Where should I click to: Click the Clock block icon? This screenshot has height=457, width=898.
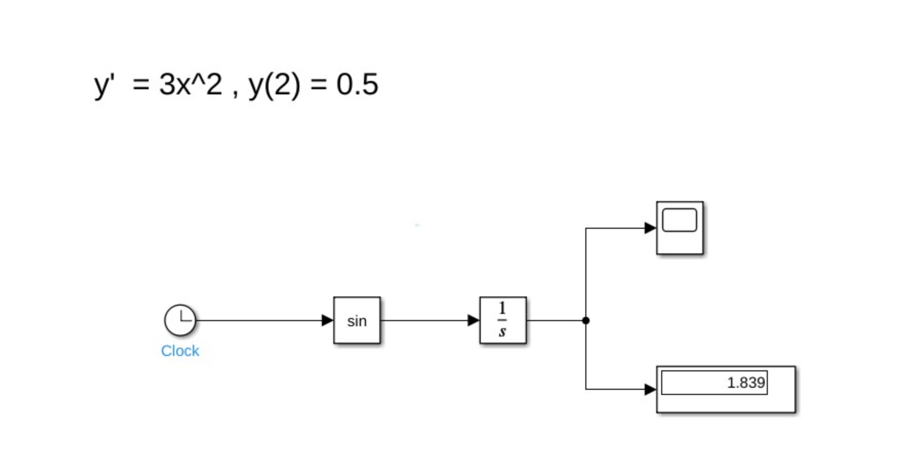[x=180, y=320]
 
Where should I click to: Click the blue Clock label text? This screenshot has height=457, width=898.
[x=180, y=351]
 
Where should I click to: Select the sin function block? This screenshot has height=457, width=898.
[x=357, y=321]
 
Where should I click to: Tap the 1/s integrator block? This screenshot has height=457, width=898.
[x=503, y=321]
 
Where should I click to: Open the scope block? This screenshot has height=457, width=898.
[x=680, y=228]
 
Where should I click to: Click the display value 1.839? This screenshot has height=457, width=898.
[x=746, y=383]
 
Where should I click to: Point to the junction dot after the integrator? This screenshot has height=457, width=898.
[x=586, y=321]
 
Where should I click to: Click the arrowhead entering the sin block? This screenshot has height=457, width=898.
[x=327, y=321]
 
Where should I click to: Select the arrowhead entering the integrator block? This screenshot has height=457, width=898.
[x=473, y=321]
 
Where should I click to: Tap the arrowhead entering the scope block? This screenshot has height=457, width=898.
[x=650, y=228]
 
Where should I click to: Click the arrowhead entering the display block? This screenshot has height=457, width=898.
[x=650, y=389]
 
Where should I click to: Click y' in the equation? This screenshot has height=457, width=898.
[x=105, y=85]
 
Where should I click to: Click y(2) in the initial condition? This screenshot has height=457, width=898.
[x=274, y=85]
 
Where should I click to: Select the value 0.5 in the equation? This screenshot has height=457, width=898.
[x=357, y=84]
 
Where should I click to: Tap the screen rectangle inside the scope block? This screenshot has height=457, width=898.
[x=680, y=220]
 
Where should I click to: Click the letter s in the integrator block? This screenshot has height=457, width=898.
[x=502, y=332]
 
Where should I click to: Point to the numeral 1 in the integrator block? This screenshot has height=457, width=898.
[x=502, y=308]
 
